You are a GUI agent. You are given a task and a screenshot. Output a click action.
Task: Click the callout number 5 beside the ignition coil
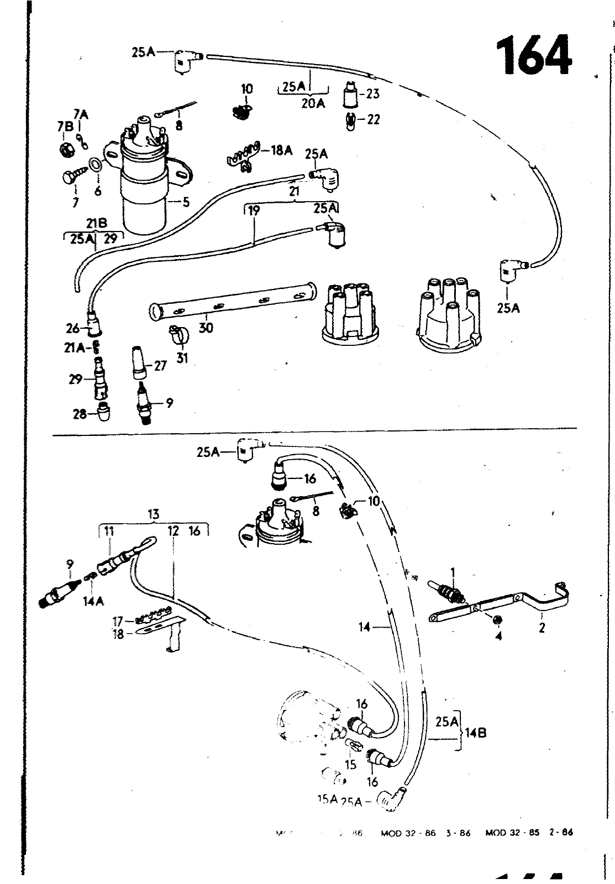coord(186,202)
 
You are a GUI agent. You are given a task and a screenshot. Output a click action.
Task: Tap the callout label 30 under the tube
coord(206,328)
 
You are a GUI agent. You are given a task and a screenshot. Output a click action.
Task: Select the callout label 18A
coord(281,150)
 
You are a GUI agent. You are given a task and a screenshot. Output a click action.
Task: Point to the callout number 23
coord(373,94)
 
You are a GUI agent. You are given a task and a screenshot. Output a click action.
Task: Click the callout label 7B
coord(65,126)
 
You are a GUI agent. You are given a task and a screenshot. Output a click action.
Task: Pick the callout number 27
coord(160,366)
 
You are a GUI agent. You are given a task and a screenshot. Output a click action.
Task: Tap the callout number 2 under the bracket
coord(542,628)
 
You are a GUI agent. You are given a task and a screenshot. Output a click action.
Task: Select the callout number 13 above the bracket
coord(154,515)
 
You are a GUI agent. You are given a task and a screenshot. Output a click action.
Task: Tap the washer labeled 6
coord(95,164)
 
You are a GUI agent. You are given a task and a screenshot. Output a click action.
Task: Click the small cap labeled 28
coord(103,413)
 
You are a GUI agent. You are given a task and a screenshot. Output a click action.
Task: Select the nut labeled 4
coord(497,619)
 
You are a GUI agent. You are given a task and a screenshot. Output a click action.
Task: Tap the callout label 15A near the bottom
coord(327,799)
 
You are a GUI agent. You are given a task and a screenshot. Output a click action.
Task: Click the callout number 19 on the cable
coord(254,211)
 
